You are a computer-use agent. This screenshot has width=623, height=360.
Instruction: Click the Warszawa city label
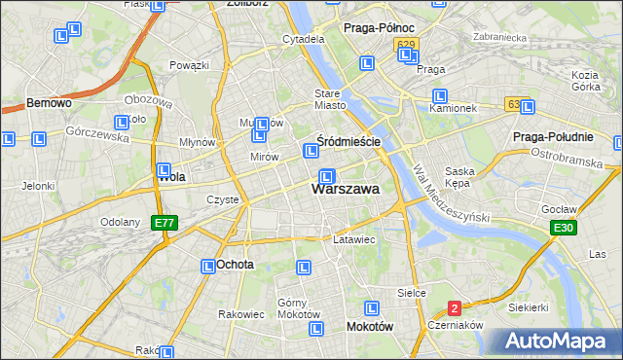(345, 190)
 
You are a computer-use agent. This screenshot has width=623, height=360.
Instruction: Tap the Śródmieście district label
(348, 141)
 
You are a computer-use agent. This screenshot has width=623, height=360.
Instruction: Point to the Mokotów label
(370, 327)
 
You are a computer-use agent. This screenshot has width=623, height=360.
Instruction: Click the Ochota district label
(236, 265)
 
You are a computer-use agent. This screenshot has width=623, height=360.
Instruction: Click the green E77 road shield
(165, 224)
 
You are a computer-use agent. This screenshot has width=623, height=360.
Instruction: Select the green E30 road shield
(561, 228)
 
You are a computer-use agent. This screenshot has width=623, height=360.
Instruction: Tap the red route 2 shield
(455, 308)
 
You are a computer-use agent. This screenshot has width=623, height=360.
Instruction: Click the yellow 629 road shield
(406, 45)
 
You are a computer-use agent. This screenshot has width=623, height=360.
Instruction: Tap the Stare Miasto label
(330, 99)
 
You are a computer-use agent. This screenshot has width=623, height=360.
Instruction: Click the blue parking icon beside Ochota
(208, 266)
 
